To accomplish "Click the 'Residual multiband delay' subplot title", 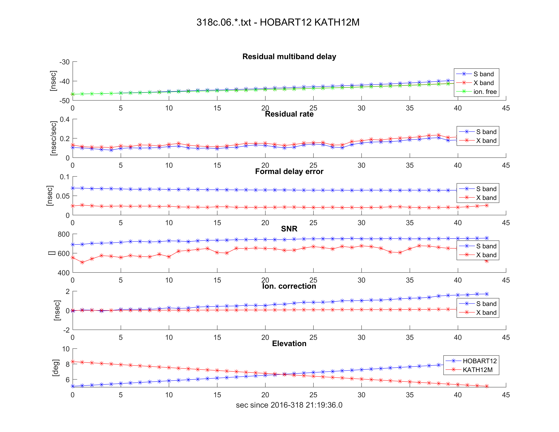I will [x=289, y=57].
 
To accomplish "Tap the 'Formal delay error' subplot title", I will [x=289, y=171].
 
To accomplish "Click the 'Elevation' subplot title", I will [x=289, y=343].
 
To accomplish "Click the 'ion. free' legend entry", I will [x=485, y=92].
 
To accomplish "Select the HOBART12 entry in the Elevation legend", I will [x=479, y=361].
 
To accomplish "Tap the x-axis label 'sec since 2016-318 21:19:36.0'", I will [x=289, y=405].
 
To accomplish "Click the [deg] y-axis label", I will [x=56, y=368].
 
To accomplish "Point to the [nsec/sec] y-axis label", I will [x=54, y=138].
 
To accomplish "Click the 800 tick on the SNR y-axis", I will [x=64, y=234].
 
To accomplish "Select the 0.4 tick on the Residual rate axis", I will [x=65, y=119].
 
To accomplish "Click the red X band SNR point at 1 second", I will [x=82, y=262].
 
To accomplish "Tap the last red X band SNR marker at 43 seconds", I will [x=486, y=261].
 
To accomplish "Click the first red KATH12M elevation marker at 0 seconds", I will [x=73, y=362].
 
